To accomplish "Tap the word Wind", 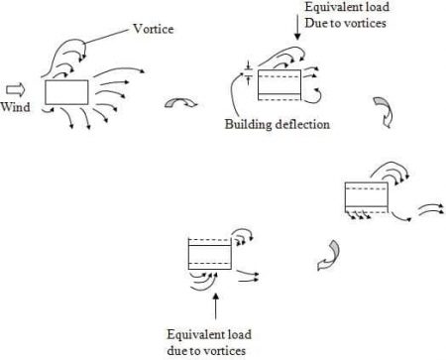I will (x=14, y=104).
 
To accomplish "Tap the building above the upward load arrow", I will (x=209, y=254).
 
